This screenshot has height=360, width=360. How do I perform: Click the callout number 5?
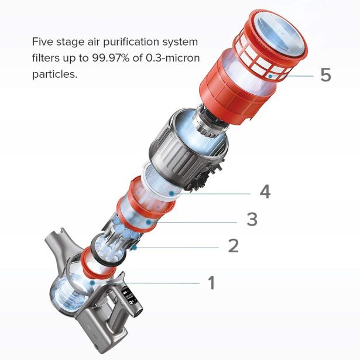(x=326, y=74)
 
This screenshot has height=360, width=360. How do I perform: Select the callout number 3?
(x=252, y=219)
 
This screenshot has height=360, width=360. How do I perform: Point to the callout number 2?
(x=233, y=245)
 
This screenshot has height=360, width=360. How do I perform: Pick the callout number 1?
(x=211, y=282)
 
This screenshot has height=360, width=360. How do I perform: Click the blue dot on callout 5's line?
(x=270, y=76)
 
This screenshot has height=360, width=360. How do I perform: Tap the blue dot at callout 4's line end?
(x=171, y=194)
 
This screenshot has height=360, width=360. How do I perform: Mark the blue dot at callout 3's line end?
(x=148, y=222)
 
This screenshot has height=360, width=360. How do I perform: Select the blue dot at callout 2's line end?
(x=135, y=248)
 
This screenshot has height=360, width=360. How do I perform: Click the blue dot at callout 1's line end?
(x=92, y=283)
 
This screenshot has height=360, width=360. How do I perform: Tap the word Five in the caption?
(x=43, y=42)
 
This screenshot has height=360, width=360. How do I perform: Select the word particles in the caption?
(x=55, y=74)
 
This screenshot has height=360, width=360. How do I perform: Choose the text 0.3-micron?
(x=173, y=58)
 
